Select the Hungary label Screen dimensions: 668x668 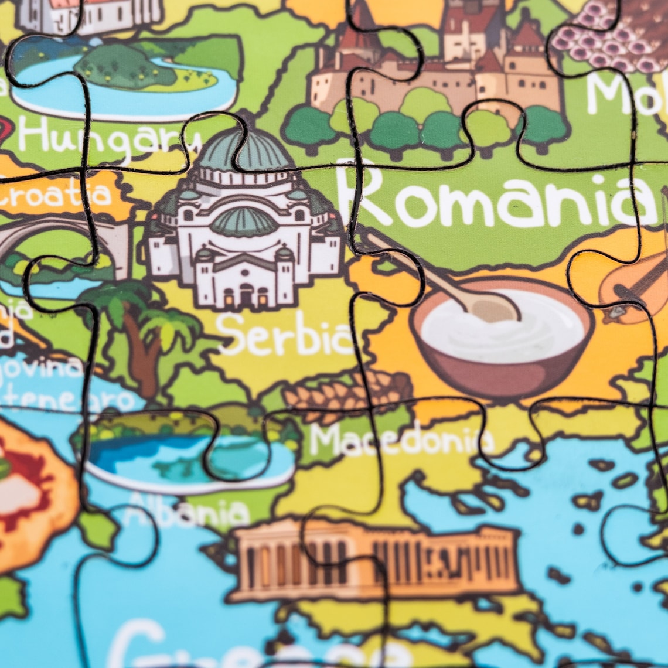pos(108,137)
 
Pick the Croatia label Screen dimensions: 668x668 pos(56,195)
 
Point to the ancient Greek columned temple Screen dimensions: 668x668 pos(375,560)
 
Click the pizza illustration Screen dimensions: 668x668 pos(29,492)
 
